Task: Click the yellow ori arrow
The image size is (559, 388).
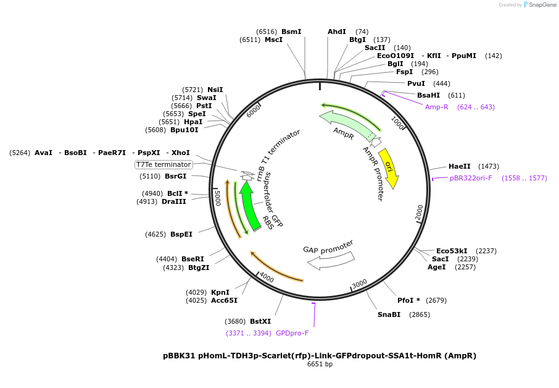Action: pyautogui.click(x=389, y=168)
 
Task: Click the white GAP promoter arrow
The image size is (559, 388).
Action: pyautogui.click(x=330, y=259)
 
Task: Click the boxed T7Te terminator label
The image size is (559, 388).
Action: pyautogui.click(x=164, y=164)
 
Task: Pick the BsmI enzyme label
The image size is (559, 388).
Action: pyautogui.click(x=291, y=32)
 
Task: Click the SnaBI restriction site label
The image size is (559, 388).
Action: pyautogui.click(x=389, y=314)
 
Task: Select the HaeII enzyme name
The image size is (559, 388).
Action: pyautogui.click(x=460, y=166)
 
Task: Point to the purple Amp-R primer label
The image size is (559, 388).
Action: pyautogui.click(x=437, y=107)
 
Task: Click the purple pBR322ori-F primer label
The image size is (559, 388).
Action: pyautogui.click(x=471, y=178)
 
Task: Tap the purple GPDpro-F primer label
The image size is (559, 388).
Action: pyautogui.click(x=292, y=333)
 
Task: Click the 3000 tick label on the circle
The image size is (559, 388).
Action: pyautogui.click(x=360, y=283)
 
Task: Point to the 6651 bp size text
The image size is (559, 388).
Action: pyautogui.click(x=320, y=365)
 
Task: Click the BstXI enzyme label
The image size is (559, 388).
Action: pyautogui.click(x=260, y=321)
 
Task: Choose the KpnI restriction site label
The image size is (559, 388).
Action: pyautogui.click(x=220, y=292)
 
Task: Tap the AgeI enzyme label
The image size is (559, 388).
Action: pyautogui.click(x=437, y=267)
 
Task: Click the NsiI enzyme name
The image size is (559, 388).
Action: pyautogui.click(x=215, y=90)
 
